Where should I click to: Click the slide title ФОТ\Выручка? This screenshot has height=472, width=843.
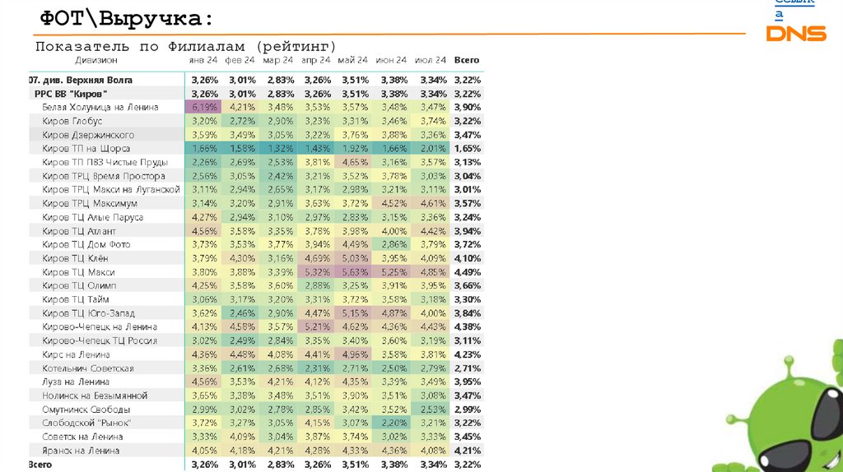[x=120, y=18]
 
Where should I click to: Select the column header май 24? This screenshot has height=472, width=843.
[x=352, y=60]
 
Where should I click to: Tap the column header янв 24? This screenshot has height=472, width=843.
[x=204, y=60]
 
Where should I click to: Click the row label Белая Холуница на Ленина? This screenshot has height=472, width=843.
[x=100, y=108]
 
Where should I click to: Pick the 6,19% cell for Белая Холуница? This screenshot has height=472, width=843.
[x=204, y=108]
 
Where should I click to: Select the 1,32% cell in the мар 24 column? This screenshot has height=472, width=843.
[x=279, y=149]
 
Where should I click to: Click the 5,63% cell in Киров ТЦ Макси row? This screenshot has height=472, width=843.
[x=353, y=272]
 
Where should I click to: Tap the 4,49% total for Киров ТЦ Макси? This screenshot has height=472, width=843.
[x=467, y=272]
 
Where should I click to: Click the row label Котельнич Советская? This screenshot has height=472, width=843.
[x=88, y=368]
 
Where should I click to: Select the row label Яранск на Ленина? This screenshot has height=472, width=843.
[x=81, y=451]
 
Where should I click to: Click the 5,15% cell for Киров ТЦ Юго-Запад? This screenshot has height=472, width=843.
[x=353, y=313]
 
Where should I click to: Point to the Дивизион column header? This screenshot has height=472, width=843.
[x=95, y=60]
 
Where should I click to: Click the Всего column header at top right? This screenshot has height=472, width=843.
[x=467, y=60]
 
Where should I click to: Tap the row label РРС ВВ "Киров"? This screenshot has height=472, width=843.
[x=71, y=94]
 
